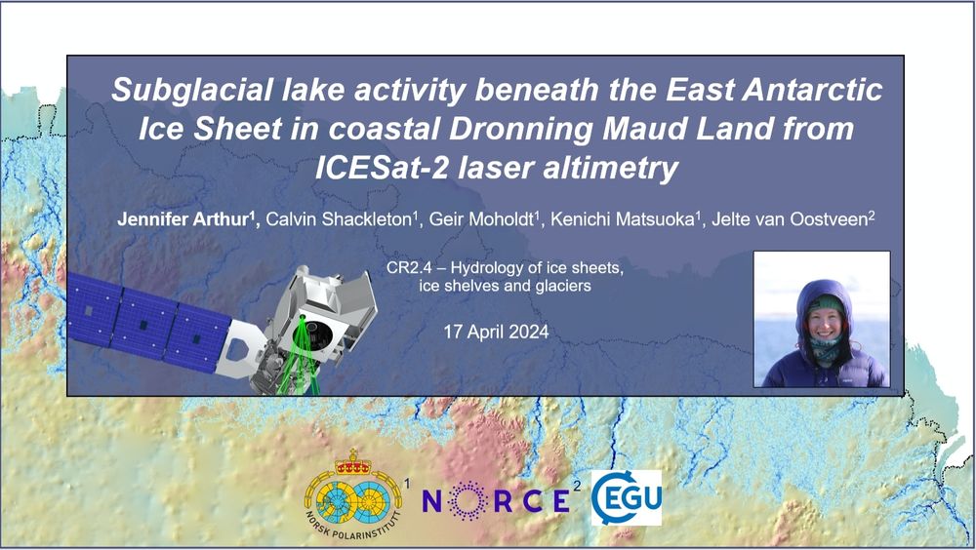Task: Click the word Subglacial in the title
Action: [192, 90]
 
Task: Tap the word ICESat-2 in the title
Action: [381, 168]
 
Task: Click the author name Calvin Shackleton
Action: [341, 219]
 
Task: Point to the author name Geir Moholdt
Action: [482, 219]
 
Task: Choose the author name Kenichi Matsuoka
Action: [624, 219]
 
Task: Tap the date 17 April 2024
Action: [496, 332]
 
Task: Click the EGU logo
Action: [626, 497]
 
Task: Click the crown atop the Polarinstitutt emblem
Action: [353, 462]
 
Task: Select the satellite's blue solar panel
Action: [148, 324]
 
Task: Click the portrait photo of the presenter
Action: [822, 319]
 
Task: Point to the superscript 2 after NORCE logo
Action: [577, 486]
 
